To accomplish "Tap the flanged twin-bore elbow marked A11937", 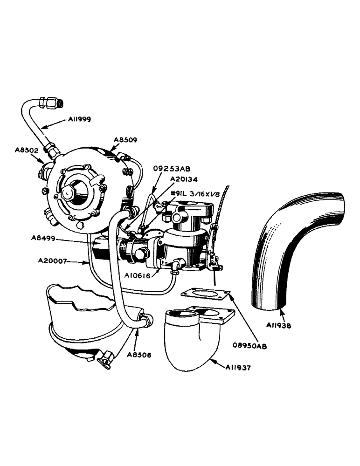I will pos(191,338).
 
